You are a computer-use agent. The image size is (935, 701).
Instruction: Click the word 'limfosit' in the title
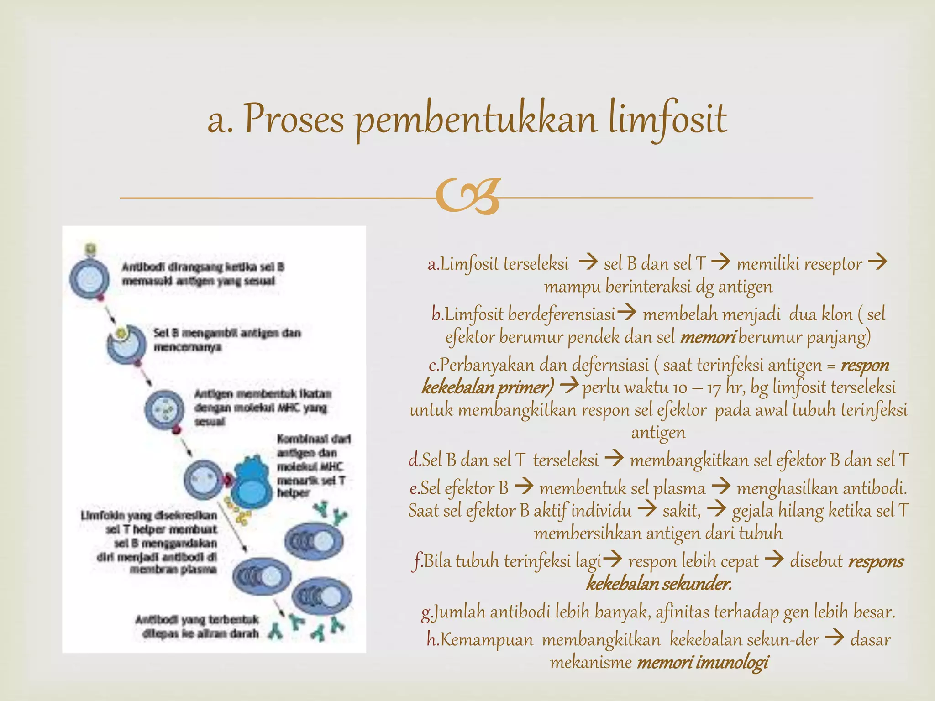pyautogui.click(x=667, y=120)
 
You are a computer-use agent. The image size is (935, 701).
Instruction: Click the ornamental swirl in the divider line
pyautogui.click(x=468, y=197)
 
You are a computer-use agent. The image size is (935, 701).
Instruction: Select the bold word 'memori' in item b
pyautogui.click(x=707, y=337)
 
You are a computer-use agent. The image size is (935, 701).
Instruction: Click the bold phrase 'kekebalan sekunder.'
pyautogui.click(x=659, y=584)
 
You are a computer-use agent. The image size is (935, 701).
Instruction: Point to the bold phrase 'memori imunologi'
pyautogui.click(x=703, y=662)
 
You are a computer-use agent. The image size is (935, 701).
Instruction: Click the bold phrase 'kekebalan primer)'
pyautogui.click(x=488, y=387)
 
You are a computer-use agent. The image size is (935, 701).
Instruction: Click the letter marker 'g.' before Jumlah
pyautogui.click(x=426, y=612)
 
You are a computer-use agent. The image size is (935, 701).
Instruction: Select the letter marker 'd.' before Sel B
pyautogui.click(x=415, y=460)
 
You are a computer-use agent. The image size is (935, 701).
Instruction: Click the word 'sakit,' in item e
pyautogui.click(x=682, y=510)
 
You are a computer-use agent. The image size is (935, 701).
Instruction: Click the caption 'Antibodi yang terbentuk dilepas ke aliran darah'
pyautogui.click(x=197, y=626)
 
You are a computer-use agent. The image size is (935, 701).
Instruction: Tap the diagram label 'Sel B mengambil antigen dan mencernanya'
pyautogui.click(x=227, y=340)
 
